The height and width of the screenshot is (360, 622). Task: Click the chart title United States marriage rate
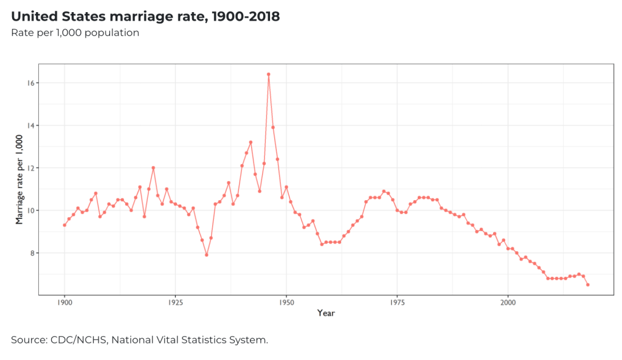(145, 16)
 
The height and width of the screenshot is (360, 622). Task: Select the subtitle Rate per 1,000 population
(75, 32)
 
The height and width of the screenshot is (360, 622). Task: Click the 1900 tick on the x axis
(64, 302)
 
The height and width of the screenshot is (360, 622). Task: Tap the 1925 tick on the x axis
(175, 302)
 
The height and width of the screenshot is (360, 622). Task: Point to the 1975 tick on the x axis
(397, 302)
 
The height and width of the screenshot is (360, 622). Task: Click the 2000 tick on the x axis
(508, 302)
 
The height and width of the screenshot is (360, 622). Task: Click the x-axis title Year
(325, 313)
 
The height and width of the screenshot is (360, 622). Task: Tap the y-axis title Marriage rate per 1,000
(19, 179)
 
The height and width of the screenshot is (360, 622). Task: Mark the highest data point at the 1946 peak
(268, 74)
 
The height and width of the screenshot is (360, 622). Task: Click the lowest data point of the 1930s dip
(206, 255)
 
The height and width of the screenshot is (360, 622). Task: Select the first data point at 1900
(64, 225)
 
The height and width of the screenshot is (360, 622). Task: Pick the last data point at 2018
(587, 285)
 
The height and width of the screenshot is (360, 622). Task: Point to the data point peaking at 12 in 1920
(153, 168)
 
